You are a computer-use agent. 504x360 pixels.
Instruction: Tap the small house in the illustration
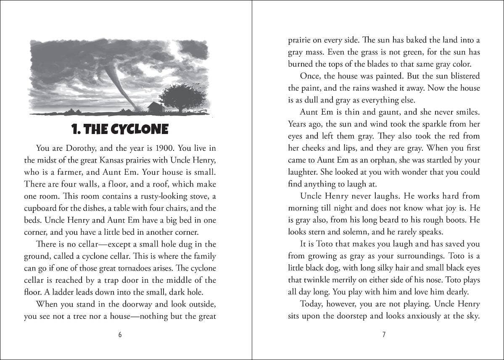(x=156, y=107)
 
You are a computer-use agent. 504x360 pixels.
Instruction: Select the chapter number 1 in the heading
(x=75, y=129)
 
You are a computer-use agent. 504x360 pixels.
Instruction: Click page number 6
(x=120, y=335)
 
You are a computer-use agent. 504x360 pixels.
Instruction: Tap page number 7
(x=384, y=335)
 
